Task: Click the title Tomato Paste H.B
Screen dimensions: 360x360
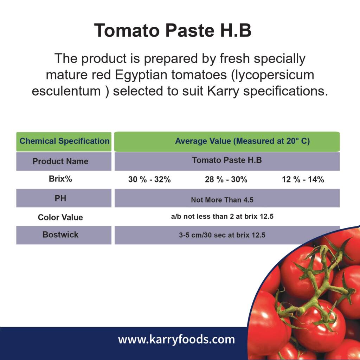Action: click(x=173, y=31)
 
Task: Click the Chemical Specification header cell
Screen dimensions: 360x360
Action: click(x=64, y=141)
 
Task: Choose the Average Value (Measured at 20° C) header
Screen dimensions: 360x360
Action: click(x=242, y=141)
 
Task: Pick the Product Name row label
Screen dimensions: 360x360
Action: click(x=60, y=161)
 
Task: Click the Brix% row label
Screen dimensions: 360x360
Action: click(x=60, y=179)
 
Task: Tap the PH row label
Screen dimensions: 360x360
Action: click(x=60, y=198)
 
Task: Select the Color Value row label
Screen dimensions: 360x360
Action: click(x=60, y=217)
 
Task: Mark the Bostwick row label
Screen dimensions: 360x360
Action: click(x=60, y=234)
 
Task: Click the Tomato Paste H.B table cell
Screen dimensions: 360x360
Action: click(x=227, y=160)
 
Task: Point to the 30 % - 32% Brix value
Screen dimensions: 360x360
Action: click(x=149, y=180)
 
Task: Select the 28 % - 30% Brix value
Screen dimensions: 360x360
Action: click(x=226, y=180)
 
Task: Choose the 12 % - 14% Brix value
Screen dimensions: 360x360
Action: click(x=303, y=180)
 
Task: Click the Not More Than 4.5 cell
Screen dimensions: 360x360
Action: click(x=222, y=200)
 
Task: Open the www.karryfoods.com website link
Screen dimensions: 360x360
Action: click(x=176, y=340)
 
